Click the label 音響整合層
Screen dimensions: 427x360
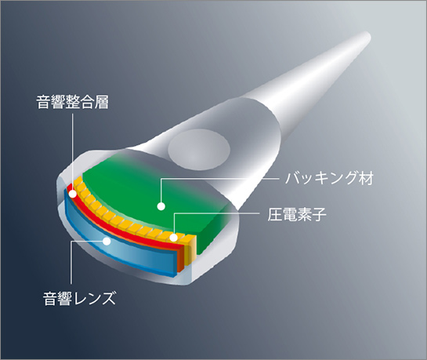click(72, 102)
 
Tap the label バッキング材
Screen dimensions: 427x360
click(329, 178)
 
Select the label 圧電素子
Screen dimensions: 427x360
click(297, 214)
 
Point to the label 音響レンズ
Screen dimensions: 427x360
click(79, 298)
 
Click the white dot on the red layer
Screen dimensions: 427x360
click(73, 194)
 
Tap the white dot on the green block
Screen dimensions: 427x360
click(161, 206)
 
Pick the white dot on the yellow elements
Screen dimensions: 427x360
click(173, 238)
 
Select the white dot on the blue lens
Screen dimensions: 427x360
click(107, 241)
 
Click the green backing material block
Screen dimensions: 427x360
click(153, 196)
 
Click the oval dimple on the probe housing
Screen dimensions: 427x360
click(199, 150)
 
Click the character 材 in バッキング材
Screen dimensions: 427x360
click(366, 178)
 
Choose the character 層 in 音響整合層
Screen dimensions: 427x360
click(102, 102)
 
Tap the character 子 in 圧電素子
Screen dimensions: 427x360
click(319, 214)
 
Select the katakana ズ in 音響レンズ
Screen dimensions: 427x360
click(109, 298)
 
